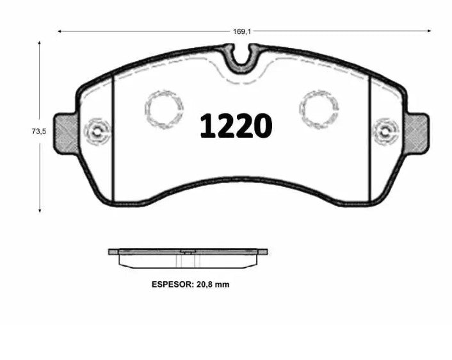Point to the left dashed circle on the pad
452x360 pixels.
(x=164, y=107)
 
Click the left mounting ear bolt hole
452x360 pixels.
(x=97, y=133)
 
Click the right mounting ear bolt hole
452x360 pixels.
(x=385, y=133)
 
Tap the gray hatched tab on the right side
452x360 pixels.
(x=417, y=133)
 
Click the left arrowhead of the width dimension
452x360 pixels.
(x=60, y=30)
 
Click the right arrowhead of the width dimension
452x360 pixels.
(x=429, y=30)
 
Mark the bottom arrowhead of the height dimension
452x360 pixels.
(x=40, y=209)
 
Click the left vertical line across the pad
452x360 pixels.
(x=113, y=138)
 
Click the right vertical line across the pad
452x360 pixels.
(x=370, y=138)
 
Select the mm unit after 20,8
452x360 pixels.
(x=222, y=284)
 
